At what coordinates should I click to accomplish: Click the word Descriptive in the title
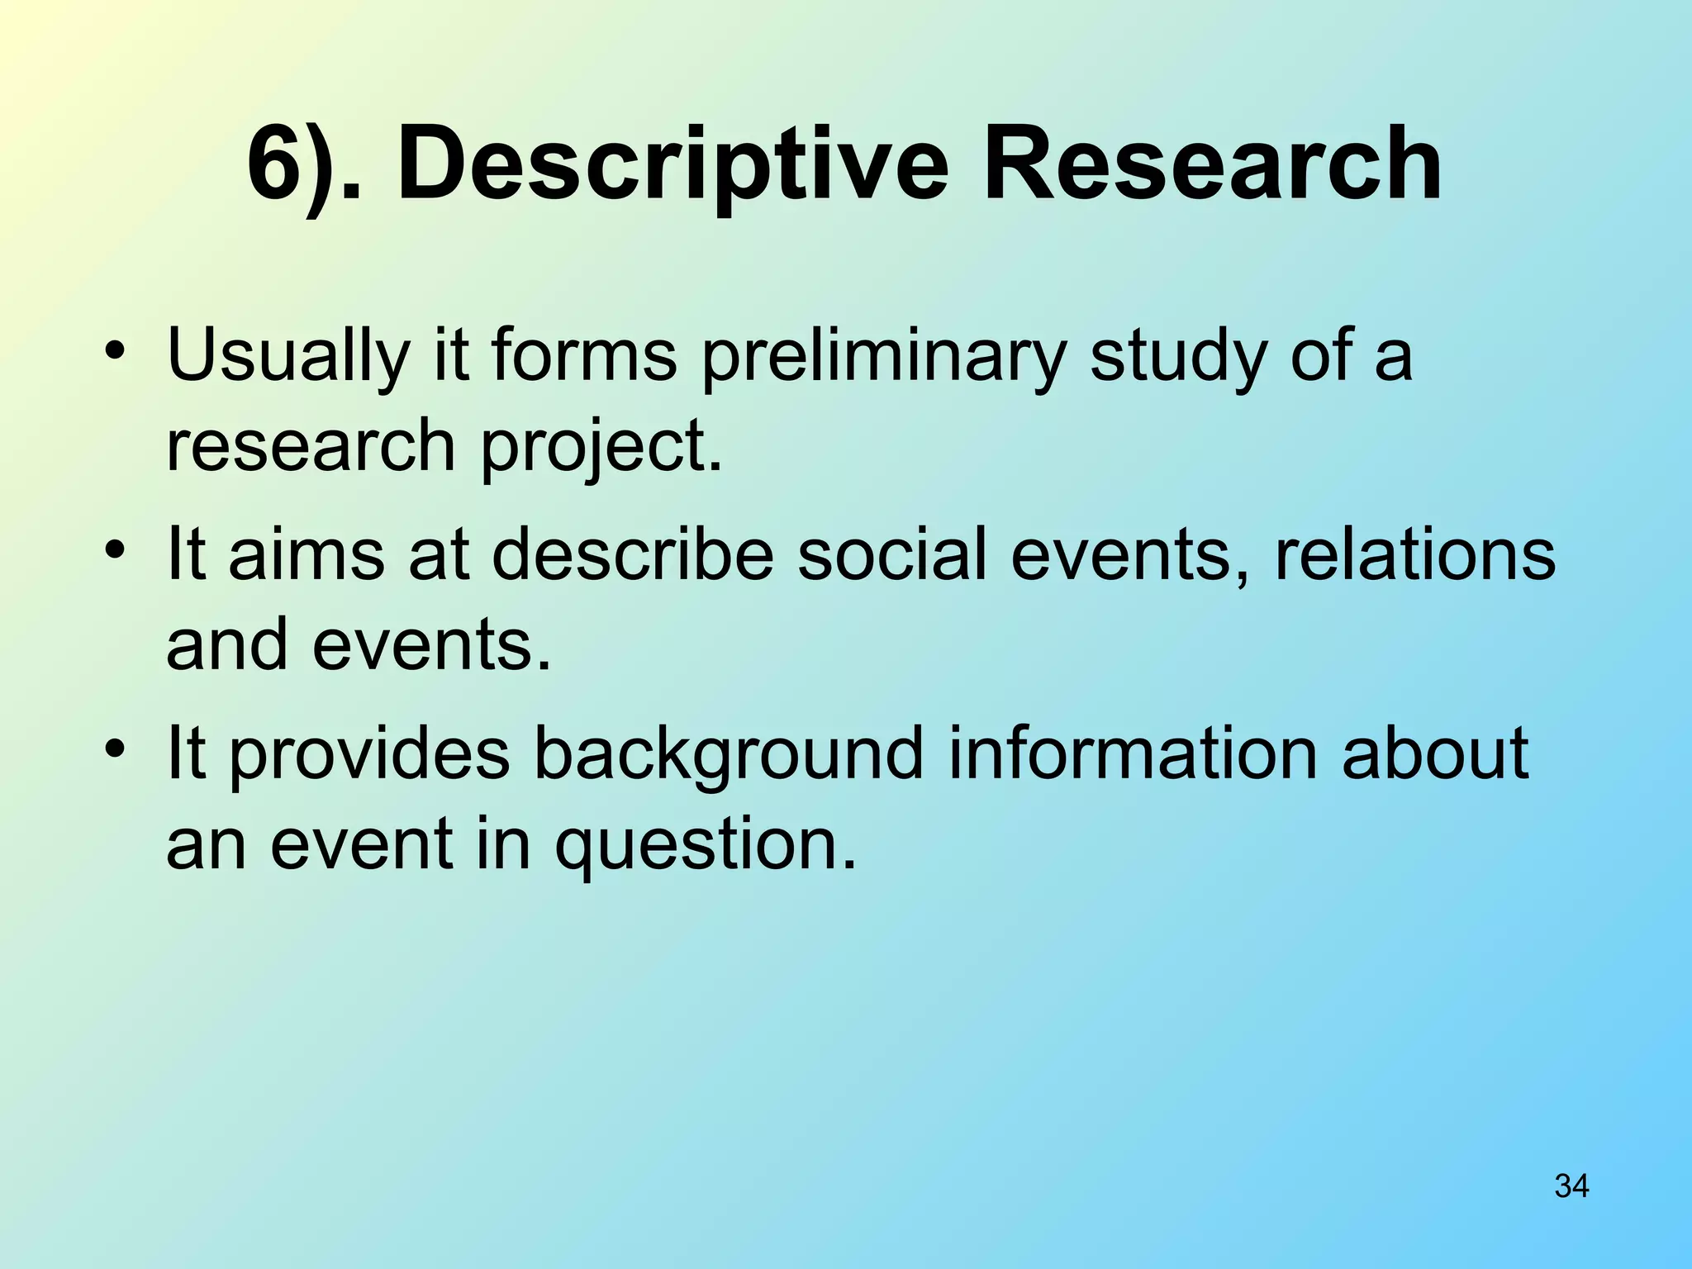coord(673,165)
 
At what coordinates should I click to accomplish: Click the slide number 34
coord(1571,1186)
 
